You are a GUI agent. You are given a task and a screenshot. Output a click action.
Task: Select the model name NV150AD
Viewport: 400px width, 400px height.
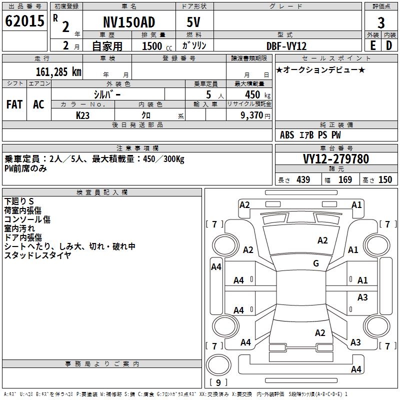pyautogui.click(x=129, y=22)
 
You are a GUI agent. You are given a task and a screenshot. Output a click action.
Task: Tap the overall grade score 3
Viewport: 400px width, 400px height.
pyautogui.click(x=381, y=23)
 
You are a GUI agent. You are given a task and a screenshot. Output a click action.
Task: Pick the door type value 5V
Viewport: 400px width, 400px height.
pyautogui.click(x=194, y=22)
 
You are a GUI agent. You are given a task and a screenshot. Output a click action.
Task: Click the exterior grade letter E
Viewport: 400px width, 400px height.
pyautogui.click(x=372, y=45)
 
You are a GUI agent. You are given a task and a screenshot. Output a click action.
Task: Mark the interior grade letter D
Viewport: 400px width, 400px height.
pyautogui.click(x=389, y=45)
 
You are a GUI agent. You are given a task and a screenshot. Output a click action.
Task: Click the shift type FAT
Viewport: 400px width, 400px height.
pyautogui.click(x=14, y=104)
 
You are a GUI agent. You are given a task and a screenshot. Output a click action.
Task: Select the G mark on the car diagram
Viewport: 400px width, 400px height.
pyautogui.click(x=316, y=263)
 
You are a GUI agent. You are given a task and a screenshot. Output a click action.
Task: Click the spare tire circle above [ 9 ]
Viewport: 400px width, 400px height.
pyautogui.click(x=218, y=365)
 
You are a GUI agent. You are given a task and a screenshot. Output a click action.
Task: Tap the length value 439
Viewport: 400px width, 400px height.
pyautogui.click(x=303, y=179)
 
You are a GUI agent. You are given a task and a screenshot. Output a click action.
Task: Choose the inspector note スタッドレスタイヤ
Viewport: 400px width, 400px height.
pyautogui.click(x=38, y=255)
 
